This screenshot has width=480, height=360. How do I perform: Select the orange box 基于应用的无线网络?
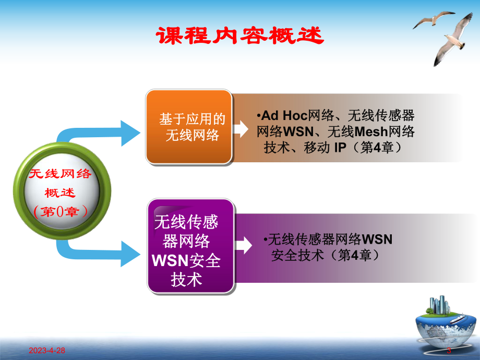pos(189,127)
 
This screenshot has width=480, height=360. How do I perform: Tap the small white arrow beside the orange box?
pos(241,129)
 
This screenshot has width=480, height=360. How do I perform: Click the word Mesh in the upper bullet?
pos(368,132)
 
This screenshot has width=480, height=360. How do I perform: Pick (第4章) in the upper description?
pos(378,148)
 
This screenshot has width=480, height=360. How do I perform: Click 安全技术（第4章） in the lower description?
pos(324,256)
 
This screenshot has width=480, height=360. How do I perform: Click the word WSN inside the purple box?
pos(170,260)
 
